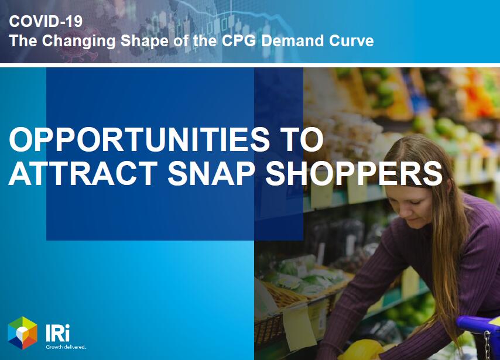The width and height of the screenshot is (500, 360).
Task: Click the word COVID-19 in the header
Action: tap(46, 21)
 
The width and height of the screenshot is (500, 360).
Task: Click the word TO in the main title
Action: tap(303, 139)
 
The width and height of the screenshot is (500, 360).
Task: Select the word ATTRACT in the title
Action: tap(83, 173)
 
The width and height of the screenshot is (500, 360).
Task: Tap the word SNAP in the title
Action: tap(211, 173)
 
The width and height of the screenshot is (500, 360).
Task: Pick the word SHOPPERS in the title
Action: tap(354, 173)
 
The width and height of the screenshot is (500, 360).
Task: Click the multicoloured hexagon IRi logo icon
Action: tap(23, 333)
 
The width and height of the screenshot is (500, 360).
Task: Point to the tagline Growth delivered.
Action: tap(66, 347)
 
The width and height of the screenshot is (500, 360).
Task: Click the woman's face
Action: tap(412, 204)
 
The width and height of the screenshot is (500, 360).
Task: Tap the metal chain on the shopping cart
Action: tap(488, 345)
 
